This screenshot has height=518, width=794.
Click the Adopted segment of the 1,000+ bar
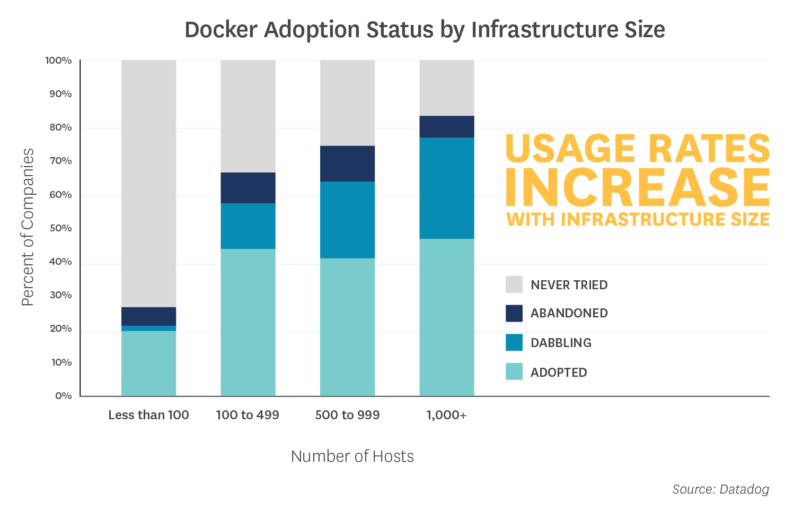point(446,317)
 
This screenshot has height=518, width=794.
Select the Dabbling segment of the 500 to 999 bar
point(347,220)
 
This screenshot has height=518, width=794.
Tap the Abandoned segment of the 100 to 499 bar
point(248,188)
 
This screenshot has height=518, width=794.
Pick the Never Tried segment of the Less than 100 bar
point(148,183)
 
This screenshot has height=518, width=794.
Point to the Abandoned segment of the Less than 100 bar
point(148,316)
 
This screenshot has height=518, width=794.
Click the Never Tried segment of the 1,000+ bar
point(446,88)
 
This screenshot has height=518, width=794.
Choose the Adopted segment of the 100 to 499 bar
point(248,322)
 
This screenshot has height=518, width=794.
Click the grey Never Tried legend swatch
point(514,284)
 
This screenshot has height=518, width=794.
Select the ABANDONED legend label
point(569,313)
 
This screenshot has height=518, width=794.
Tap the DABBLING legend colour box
point(514,342)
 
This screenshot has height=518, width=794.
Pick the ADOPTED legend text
point(559,373)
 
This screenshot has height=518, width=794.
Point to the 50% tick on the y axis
point(60,228)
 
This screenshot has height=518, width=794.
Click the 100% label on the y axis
point(58,61)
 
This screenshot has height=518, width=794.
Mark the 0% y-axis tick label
point(63,396)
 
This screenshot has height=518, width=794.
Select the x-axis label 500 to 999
point(347,415)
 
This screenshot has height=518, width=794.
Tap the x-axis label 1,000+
point(446,415)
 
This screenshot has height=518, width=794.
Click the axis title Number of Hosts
point(352,456)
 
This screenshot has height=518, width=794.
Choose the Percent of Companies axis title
point(28,227)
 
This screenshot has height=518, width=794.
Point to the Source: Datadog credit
point(720,489)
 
